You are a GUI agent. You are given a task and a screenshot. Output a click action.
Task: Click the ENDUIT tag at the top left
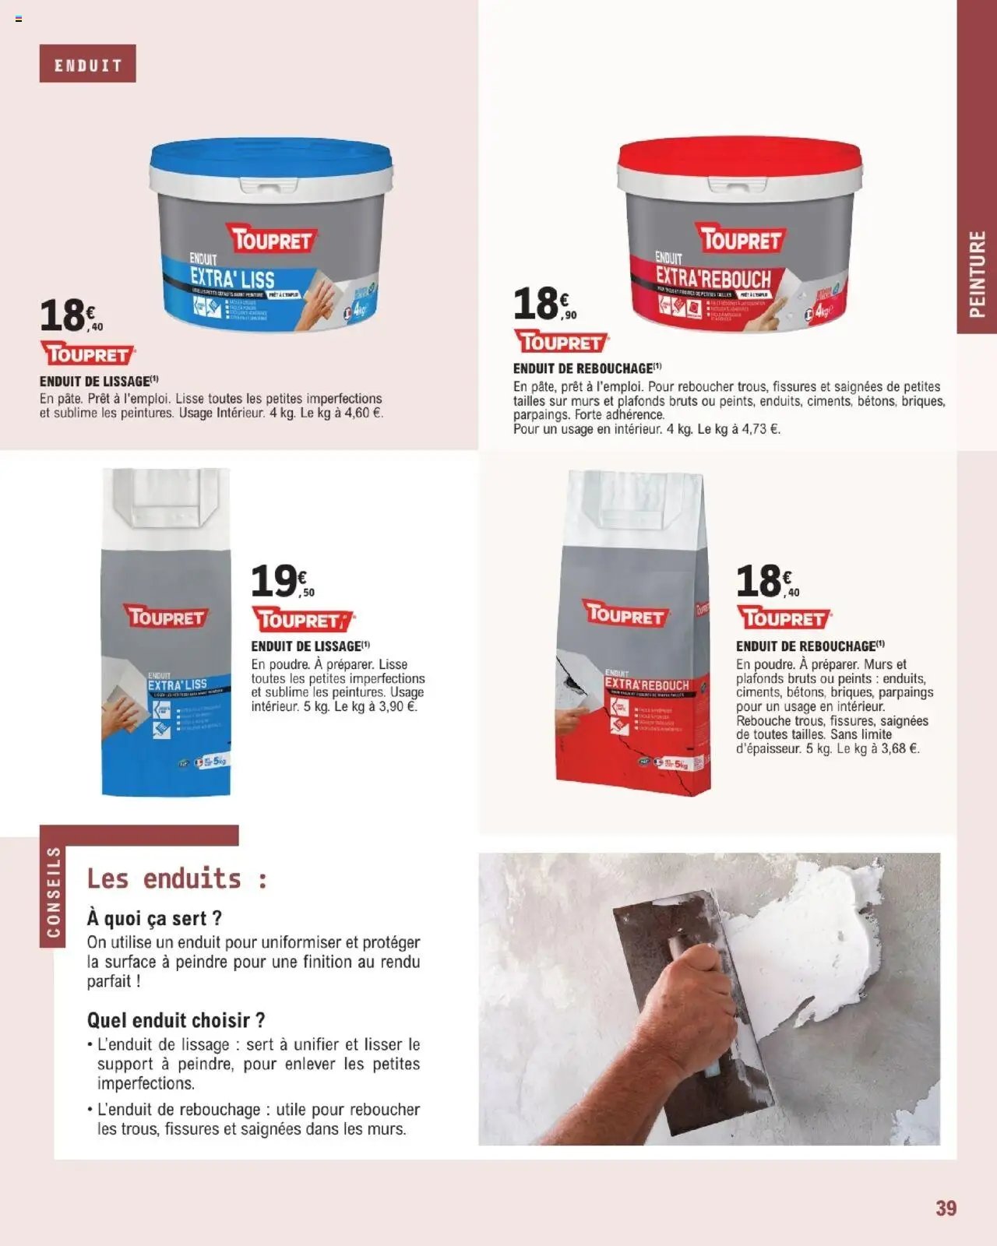(87, 64)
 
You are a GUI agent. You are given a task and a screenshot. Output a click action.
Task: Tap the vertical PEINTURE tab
(977, 273)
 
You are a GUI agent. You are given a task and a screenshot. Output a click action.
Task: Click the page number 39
(946, 1209)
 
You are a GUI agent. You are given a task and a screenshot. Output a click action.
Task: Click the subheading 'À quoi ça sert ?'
(154, 919)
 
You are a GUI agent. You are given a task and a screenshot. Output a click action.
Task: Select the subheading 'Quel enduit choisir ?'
(176, 1020)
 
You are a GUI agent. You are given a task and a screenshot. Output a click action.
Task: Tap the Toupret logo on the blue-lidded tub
(272, 240)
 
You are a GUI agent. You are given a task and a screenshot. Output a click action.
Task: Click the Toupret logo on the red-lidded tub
(741, 239)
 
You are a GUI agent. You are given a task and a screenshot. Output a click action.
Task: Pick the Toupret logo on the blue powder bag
(167, 618)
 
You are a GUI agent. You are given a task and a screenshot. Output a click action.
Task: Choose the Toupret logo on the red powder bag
(626, 616)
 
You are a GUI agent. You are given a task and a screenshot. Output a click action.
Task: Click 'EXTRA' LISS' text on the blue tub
(233, 278)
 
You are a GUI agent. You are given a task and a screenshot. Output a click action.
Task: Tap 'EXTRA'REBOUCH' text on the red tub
(713, 277)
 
